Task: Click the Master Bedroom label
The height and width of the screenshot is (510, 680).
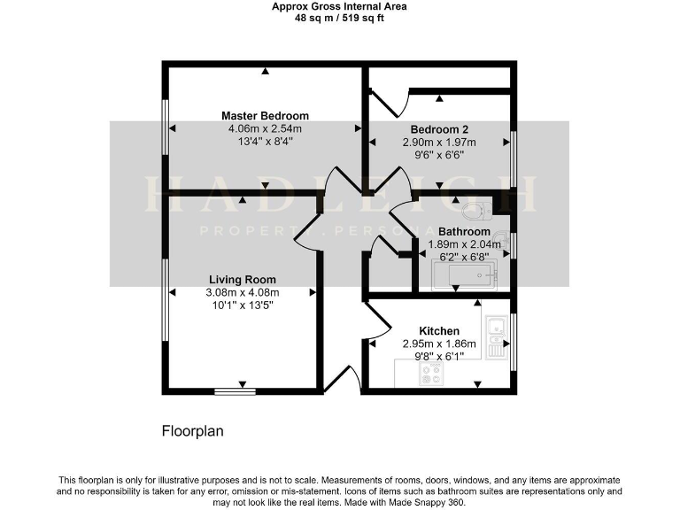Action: coord(265,116)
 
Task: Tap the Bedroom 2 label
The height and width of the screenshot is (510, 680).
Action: coord(439,129)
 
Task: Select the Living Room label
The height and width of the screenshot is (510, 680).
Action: coord(242,280)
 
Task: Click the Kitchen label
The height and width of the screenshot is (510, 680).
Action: coord(439,331)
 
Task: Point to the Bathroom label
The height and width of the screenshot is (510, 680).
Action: coord(464,232)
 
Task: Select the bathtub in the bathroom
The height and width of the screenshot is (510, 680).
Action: coord(464,274)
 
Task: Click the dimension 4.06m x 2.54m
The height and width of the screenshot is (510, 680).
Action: coord(265,128)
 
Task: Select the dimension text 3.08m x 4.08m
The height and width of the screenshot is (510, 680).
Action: coord(242,293)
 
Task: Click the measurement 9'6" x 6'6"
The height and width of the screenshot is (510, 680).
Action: coord(439,155)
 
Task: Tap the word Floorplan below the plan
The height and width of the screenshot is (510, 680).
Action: coord(192,432)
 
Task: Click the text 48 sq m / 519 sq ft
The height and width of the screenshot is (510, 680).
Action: coord(339,17)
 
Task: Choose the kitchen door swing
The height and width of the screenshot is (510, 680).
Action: coord(372,323)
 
